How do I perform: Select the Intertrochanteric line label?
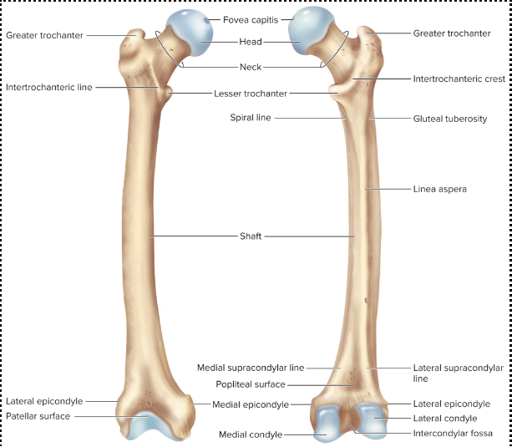[49, 86]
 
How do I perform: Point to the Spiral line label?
[251, 118]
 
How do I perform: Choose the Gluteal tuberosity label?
[450, 119]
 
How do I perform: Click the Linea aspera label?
[440, 189]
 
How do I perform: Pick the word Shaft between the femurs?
[251, 236]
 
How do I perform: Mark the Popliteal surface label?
[251, 384]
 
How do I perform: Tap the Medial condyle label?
[251, 434]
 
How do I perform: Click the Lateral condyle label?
[445, 418]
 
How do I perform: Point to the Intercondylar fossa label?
[452, 434]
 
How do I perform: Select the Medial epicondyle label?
[251, 404]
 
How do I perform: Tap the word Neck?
[251, 67]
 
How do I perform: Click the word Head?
[251, 42]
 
